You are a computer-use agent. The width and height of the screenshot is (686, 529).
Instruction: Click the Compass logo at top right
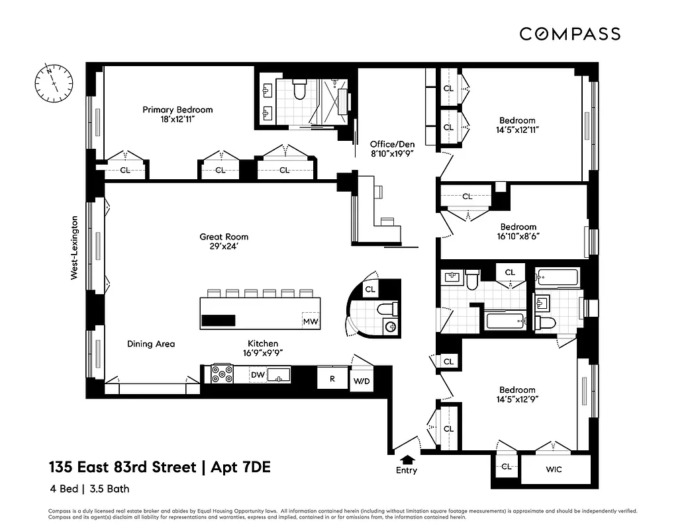click(x=569, y=34)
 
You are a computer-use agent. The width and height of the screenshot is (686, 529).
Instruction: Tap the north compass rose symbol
click(x=54, y=83)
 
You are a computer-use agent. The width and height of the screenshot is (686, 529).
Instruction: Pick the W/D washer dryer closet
click(x=362, y=381)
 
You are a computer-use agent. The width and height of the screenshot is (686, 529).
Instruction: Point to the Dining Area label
click(x=151, y=344)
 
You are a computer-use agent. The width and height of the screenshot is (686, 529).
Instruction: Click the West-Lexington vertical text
click(x=75, y=247)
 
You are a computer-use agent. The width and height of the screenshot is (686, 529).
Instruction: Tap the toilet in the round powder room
click(x=387, y=309)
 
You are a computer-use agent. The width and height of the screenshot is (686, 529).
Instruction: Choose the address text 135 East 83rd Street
click(x=122, y=468)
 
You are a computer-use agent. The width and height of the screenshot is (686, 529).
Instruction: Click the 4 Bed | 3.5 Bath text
click(x=89, y=489)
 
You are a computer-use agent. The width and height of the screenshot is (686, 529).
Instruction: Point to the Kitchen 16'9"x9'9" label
click(x=263, y=348)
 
